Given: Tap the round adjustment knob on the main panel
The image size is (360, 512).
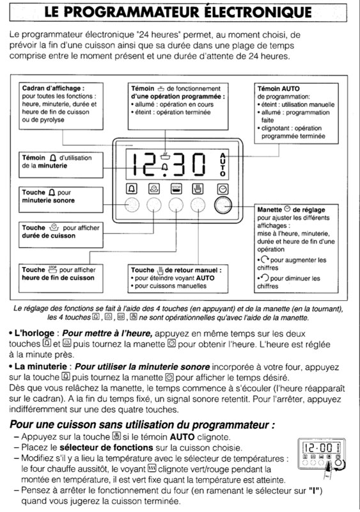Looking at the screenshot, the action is tap(223, 205).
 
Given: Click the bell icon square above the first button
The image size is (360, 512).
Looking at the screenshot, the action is tap(132, 189).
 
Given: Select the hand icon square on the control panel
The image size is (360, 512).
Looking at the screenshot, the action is tap(198, 189).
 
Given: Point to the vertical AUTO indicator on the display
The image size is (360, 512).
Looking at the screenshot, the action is tap(223, 164).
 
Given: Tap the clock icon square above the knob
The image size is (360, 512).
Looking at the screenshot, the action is tap(223, 189).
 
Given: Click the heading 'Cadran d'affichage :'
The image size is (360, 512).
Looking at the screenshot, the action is tap(53, 88).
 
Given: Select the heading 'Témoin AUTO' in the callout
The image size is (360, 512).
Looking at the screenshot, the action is tap(278, 88).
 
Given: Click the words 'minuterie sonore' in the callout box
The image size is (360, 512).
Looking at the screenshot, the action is tap(49, 200).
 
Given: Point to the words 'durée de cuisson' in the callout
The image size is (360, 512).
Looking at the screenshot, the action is tap(49, 236).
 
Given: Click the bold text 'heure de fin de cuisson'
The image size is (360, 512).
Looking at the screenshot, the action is tap(58, 278).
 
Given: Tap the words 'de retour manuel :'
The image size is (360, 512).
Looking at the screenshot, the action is tap(193, 270).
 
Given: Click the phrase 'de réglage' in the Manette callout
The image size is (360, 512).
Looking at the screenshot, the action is tap(309, 210).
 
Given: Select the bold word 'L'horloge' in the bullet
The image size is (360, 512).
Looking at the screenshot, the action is tap(35, 333).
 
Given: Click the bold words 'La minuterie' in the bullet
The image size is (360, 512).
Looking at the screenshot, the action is tap(41, 367).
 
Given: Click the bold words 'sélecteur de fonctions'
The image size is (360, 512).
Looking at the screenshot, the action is tap(106, 447).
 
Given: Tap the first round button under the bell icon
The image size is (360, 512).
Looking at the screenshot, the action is tap(132, 205).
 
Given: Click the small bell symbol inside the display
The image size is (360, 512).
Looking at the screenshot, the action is tap(165, 167).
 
